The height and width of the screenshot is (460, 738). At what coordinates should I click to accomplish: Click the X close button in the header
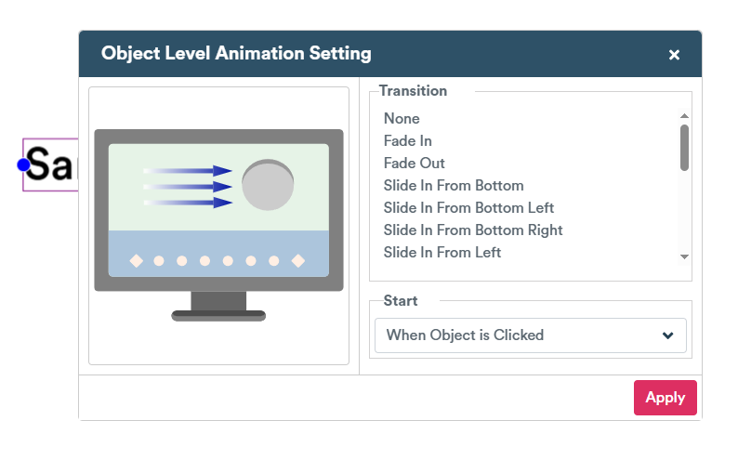click(674, 55)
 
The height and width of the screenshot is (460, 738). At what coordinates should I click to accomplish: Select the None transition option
click(402, 119)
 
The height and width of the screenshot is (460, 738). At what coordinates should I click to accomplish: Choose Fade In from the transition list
click(408, 140)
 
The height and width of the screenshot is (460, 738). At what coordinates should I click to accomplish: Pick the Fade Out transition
click(415, 164)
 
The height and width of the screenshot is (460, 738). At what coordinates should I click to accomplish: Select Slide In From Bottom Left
click(468, 208)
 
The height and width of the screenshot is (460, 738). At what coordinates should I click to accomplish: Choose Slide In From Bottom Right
click(473, 230)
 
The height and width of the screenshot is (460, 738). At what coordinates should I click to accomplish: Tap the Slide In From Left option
click(442, 253)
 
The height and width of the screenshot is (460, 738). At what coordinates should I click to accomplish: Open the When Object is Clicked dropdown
click(531, 335)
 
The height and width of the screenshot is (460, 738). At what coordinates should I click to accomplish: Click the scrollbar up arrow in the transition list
click(684, 116)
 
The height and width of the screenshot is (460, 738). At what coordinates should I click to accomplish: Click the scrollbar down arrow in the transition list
click(684, 256)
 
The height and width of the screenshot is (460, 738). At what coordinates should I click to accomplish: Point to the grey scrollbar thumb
click(684, 148)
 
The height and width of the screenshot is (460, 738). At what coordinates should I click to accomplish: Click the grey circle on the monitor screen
click(268, 185)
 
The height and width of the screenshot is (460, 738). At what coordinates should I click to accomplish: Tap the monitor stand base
click(218, 316)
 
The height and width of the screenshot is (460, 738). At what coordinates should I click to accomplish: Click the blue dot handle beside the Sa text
click(23, 165)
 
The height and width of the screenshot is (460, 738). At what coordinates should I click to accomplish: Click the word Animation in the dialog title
click(260, 53)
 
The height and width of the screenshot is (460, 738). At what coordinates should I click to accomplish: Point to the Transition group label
click(413, 91)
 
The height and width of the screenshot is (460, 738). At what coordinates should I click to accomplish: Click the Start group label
click(401, 301)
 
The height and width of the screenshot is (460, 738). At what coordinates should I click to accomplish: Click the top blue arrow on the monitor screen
click(188, 171)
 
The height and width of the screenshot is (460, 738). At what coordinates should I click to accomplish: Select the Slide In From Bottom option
click(454, 185)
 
